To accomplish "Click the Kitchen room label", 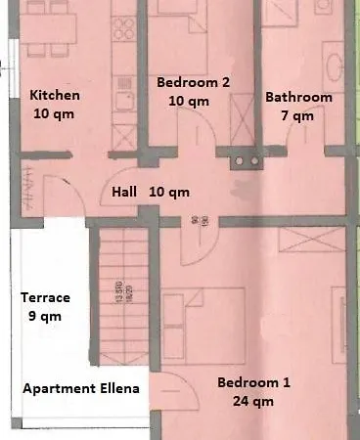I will pyautogui.click(x=55, y=96).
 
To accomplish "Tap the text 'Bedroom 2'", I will pyautogui.click(x=193, y=83).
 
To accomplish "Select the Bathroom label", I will pyautogui.click(x=298, y=98).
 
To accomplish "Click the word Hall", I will pyautogui.click(x=124, y=193).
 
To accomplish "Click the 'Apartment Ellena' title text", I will pyautogui.click(x=81, y=388).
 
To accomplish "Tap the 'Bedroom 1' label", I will pyautogui.click(x=253, y=382).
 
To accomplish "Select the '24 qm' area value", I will pyautogui.click(x=254, y=400).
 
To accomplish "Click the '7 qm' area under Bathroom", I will pyautogui.click(x=298, y=115).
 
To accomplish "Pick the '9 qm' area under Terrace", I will pyautogui.click(x=42, y=316).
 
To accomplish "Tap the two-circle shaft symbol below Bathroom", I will pyautogui.click(x=242, y=158).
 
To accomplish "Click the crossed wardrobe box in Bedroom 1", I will pyautogui.click(x=304, y=241).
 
